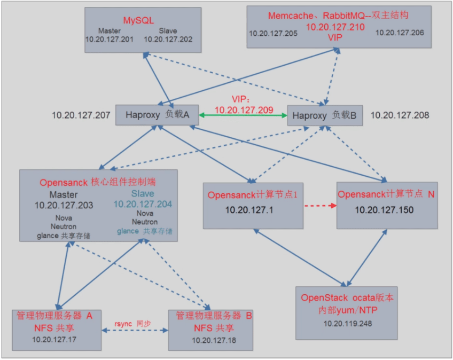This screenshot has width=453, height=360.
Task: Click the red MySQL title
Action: (x=139, y=20)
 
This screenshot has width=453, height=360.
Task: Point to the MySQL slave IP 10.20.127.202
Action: (x=168, y=40)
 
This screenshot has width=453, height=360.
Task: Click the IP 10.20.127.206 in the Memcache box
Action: (x=400, y=33)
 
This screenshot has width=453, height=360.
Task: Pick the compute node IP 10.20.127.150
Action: (x=384, y=210)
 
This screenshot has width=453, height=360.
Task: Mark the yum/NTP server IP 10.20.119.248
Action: (x=347, y=323)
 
